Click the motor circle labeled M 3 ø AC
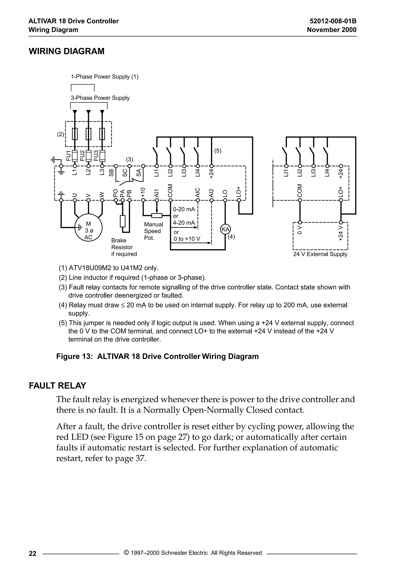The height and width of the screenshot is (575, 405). point(88,227)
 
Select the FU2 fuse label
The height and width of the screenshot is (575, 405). point(82,156)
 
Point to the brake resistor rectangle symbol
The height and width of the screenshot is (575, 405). point(122,221)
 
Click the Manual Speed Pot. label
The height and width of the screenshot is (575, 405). point(153,231)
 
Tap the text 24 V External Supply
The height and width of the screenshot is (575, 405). point(320,254)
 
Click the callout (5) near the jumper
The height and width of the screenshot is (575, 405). point(218,151)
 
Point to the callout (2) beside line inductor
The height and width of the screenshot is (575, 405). point(61,134)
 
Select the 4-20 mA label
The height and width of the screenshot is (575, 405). point(184,223)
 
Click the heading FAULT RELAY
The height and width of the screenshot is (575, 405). point(58,386)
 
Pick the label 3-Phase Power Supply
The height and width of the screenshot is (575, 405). point(100,98)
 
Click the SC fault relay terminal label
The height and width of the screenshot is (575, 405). point(125,173)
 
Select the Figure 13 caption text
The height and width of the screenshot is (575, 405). point(157,356)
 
